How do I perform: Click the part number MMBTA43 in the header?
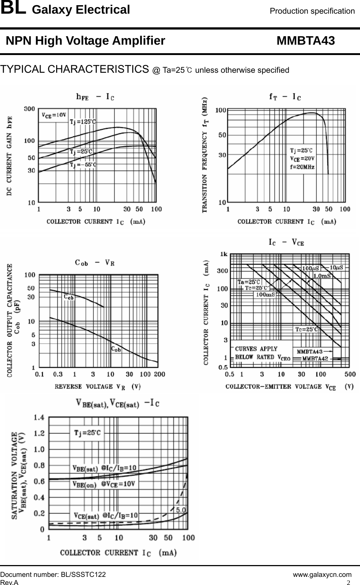(x=306, y=41)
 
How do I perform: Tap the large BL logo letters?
(x=13, y=9)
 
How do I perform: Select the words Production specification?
(x=312, y=11)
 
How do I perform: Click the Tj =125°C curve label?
(x=83, y=122)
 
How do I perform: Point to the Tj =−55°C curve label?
(x=83, y=165)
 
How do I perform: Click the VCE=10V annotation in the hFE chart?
(x=54, y=115)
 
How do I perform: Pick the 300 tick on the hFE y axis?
(x=30, y=109)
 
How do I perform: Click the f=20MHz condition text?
(x=302, y=167)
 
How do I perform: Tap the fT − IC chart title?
(x=285, y=97)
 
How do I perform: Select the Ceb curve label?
(x=69, y=297)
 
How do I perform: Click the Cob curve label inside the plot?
(x=116, y=349)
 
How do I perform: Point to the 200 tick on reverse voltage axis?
(x=159, y=374)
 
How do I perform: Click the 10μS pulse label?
(x=336, y=267)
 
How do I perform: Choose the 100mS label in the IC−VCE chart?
(x=265, y=294)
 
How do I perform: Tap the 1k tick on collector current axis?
(x=224, y=254)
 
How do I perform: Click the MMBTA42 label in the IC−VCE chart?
(x=315, y=358)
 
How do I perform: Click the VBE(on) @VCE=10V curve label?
(x=103, y=483)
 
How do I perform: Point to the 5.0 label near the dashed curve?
(x=181, y=510)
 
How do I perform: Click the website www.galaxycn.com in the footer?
(x=322, y=575)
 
